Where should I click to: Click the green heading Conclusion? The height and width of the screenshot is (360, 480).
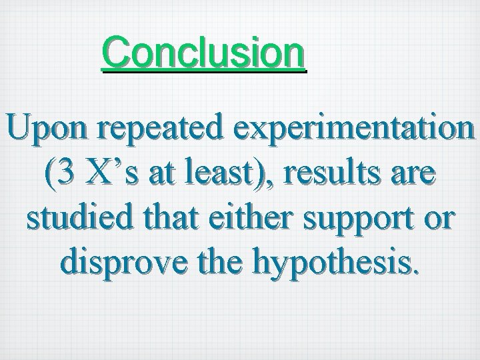204,53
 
